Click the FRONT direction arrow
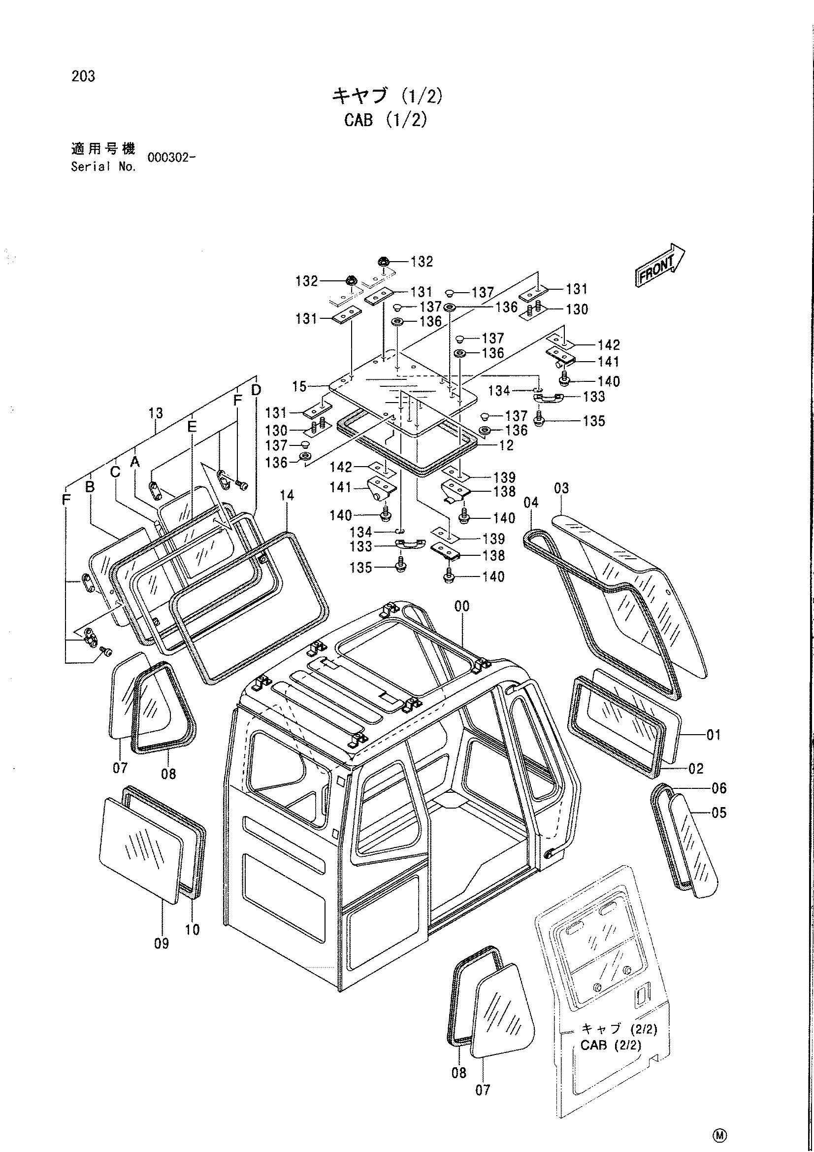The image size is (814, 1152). click(x=660, y=266)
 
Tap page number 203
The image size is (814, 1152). click(x=83, y=76)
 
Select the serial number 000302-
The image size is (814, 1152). click(x=171, y=157)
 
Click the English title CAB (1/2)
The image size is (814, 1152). click(x=386, y=120)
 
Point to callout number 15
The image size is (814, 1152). click(x=299, y=386)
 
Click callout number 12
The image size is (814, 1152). click(x=506, y=445)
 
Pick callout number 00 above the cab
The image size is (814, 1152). click(x=461, y=606)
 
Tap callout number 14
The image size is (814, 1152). click(x=287, y=496)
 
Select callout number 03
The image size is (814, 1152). click(x=561, y=488)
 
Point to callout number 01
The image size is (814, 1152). click(x=714, y=735)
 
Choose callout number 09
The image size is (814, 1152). click(x=162, y=943)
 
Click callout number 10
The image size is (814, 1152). click(x=193, y=930)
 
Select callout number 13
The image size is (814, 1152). click(x=156, y=413)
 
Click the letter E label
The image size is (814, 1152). click(x=192, y=427)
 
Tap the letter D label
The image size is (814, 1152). click(x=256, y=389)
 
